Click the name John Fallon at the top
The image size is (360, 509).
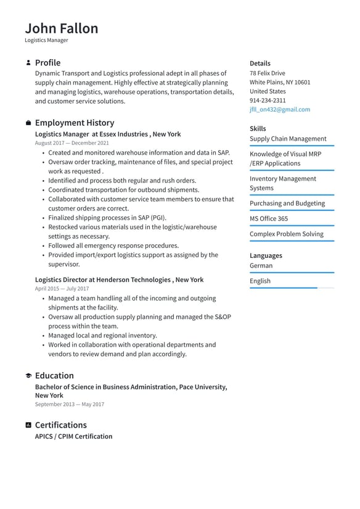coord(61,28)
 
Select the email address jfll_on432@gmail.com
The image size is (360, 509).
coord(279,109)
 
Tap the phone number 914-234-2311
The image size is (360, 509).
coord(268,100)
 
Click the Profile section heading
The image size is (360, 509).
coord(47,62)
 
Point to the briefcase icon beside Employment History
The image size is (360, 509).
coord(28,123)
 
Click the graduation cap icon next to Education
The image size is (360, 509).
coord(28,376)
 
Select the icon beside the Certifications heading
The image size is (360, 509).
coord(28,425)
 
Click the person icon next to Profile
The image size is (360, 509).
coord(28,63)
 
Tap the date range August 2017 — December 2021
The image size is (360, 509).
coord(72,143)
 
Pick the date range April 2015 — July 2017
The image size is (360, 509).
coord(62,289)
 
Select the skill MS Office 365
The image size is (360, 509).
coord(268,218)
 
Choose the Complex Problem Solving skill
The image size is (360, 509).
coord(286,234)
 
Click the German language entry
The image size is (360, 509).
coord(261,265)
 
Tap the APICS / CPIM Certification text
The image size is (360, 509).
coord(73,436)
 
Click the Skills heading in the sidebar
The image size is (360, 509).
coord(258,128)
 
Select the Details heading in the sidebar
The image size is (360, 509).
coord(260,63)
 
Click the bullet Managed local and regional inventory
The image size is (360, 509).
coord(102,336)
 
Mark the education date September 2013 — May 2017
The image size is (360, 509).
coord(69,405)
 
